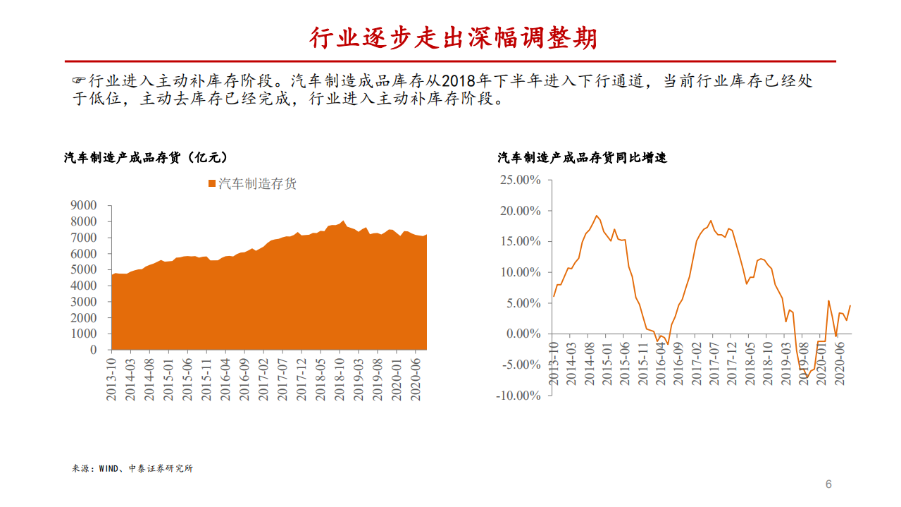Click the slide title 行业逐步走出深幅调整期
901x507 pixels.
coord(453,37)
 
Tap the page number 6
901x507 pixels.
coord(828,484)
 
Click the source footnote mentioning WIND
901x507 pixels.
coord(132,468)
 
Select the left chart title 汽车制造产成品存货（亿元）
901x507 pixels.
coord(146,158)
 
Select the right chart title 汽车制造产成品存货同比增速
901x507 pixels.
coord(582,158)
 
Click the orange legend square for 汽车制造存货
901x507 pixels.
coord(211,184)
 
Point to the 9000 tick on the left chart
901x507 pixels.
coord(83,205)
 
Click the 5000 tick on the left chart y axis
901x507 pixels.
coord(83,269)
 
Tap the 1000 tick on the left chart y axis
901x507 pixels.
coord(83,334)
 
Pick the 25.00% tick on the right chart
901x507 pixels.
coord(519,181)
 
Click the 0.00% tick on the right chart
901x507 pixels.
coord(522,334)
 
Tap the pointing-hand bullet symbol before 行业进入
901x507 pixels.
coord(80,80)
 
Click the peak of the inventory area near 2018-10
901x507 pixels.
coord(343,221)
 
